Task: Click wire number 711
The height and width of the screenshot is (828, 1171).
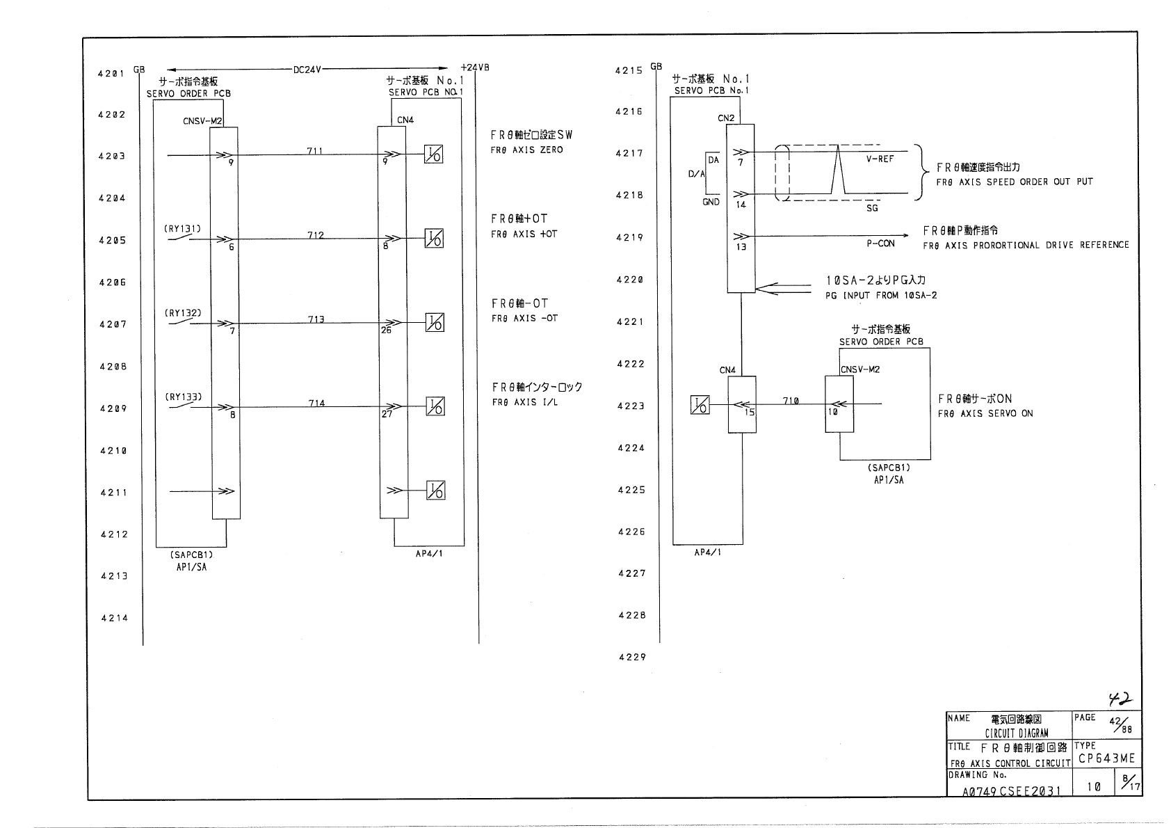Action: point(315,150)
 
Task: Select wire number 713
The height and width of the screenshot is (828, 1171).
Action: point(316,319)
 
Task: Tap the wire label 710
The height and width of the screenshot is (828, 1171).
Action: point(791,401)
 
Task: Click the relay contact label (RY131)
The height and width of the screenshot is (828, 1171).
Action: point(183,228)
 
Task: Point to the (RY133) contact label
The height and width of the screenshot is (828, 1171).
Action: point(184,397)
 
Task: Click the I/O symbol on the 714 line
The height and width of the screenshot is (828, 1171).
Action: point(435,406)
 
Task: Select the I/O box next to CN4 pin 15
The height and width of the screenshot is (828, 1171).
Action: point(700,405)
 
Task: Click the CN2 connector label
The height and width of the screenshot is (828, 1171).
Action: point(726,118)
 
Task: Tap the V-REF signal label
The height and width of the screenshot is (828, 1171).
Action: point(880,159)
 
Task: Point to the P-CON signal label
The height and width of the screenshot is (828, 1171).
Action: point(880,244)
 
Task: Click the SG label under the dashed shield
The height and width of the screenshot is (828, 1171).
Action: point(872,208)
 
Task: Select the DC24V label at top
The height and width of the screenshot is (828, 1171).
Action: point(307,70)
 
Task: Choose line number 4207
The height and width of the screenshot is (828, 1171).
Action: point(113,324)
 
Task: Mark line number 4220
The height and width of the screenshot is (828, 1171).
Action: point(629,280)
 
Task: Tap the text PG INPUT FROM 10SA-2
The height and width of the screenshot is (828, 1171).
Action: point(881,295)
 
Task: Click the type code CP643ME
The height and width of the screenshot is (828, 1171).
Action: point(1106,758)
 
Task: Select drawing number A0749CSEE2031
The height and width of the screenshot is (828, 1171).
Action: point(1012,790)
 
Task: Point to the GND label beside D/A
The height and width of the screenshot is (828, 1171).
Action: point(711,202)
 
